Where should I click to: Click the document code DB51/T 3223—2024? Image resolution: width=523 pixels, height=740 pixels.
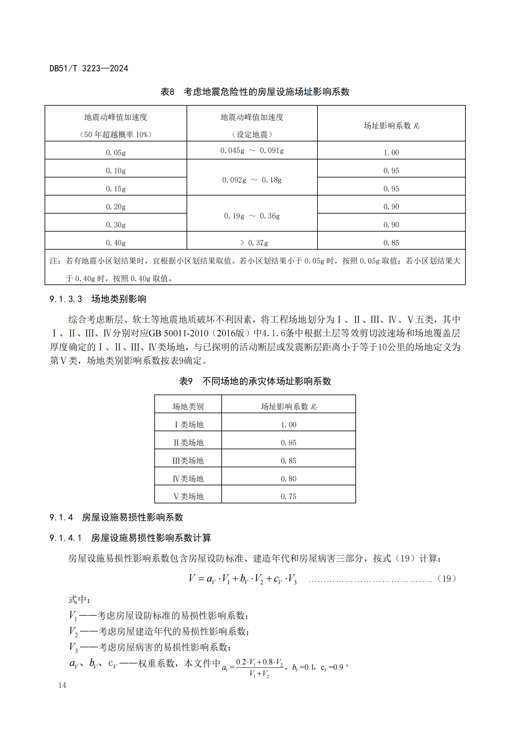pyautogui.click(x=89, y=68)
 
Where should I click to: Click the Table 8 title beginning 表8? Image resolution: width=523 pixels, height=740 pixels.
pyautogui.click(x=255, y=92)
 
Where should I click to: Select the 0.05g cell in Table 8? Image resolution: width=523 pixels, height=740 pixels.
pyautogui.click(x=116, y=152)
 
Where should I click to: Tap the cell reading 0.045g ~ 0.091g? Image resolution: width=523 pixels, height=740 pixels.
pyautogui.click(x=252, y=151)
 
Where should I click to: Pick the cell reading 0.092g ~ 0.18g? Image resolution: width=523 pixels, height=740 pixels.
pyautogui.click(x=252, y=180)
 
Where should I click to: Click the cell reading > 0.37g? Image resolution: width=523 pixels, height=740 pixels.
pyautogui.click(x=254, y=243)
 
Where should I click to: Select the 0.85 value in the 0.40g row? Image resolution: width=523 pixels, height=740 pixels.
pyautogui.click(x=391, y=243)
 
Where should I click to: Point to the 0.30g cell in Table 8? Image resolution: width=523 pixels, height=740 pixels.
pyautogui.click(x=116, y=225)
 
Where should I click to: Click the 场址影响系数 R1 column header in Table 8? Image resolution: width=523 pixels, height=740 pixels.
pyautogui.click(x=391, y=126)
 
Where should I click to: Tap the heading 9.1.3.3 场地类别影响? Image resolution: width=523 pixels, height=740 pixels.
pyautogui.click(x=98, y=299)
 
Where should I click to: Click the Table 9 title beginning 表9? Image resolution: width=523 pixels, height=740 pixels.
pyautogui.click(x=255, y=381)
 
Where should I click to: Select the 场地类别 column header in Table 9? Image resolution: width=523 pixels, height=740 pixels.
pyautogui.click(x=188, y=407)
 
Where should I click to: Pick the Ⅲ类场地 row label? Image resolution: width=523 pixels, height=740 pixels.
pyautogui.click(x=188, y=461)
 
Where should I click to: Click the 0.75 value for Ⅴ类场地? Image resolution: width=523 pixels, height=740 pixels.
pyautogui.click(x=288, y=496)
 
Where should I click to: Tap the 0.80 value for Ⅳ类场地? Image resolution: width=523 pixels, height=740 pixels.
pyautogui.click(x=288, y=479)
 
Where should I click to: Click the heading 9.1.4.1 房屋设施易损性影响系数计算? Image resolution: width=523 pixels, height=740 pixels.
pyautogui.click(x=130, y=538)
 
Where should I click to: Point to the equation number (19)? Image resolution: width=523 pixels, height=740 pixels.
pyautogui.click(x=446, y=579)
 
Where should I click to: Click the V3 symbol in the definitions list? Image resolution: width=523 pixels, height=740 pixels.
pyautogui.click(x=73, y=647)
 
